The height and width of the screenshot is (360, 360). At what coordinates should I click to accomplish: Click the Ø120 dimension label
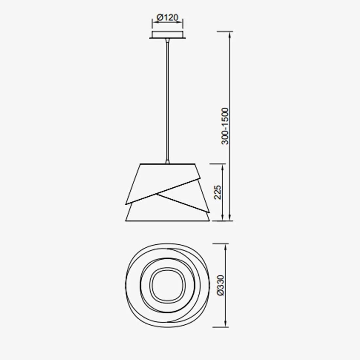167,18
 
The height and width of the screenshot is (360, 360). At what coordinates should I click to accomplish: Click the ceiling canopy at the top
167,34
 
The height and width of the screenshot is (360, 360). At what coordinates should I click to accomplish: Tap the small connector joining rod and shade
168,161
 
